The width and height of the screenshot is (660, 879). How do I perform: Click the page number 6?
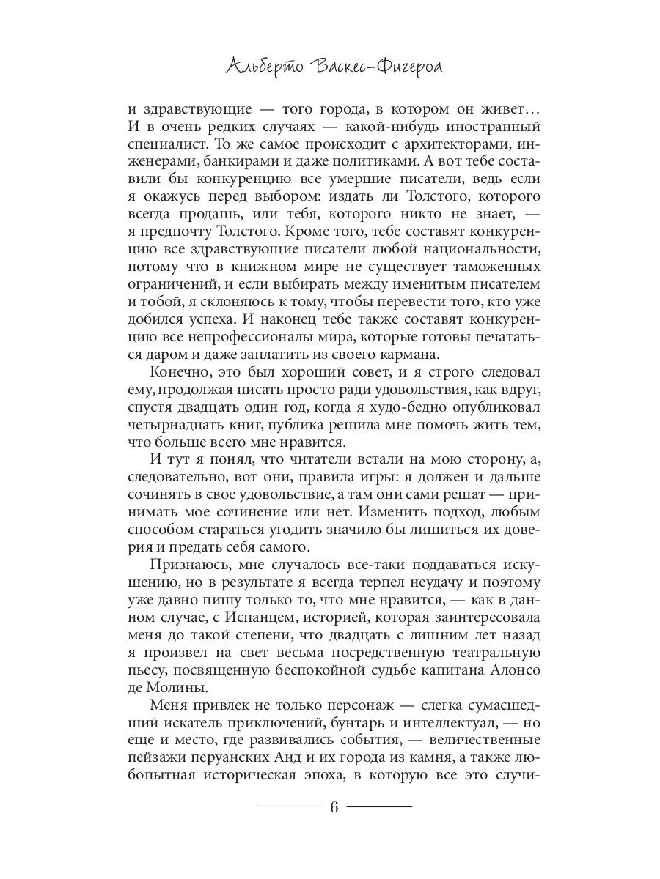[334, 808]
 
